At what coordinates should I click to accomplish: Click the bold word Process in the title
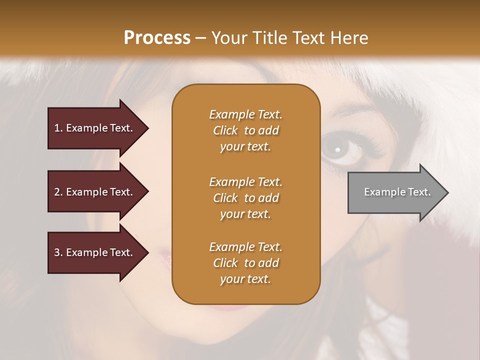[157, 38]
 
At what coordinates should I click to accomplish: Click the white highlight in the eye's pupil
[337, 149]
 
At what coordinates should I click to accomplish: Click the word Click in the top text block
[225, 130]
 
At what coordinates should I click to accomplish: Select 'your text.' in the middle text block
[245, 214]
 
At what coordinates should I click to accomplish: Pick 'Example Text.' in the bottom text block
[245, 247]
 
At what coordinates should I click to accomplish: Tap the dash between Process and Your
[200, 38]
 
